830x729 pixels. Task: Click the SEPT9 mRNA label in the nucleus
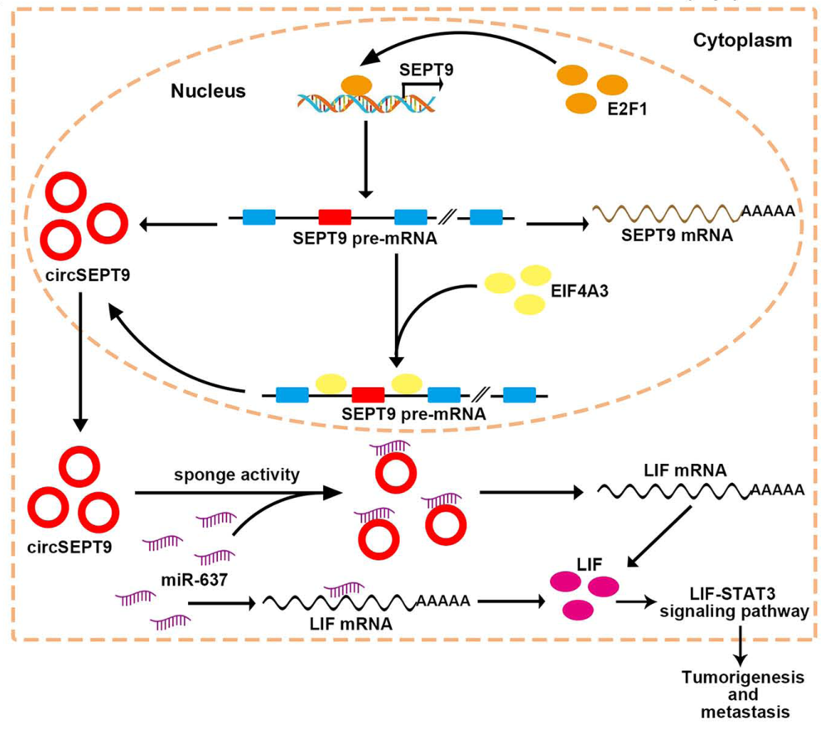[671, 234]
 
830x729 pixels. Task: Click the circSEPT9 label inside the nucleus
[70, 272]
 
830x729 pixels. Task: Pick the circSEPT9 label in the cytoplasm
[72, 546]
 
